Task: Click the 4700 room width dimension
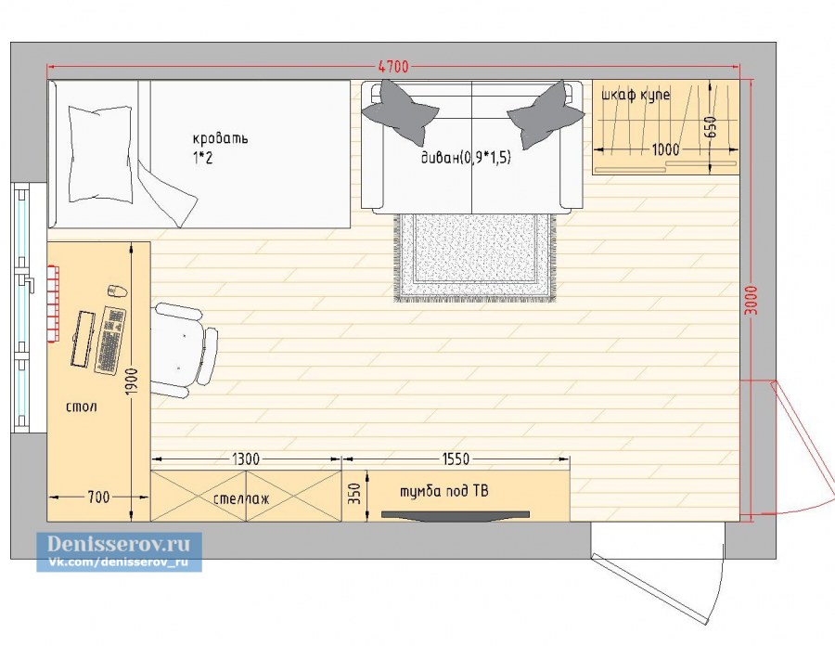(393, 67)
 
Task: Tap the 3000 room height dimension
(751, 301)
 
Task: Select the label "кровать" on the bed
(220, 138)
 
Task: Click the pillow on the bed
(100, 153)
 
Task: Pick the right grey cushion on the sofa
(546, 114)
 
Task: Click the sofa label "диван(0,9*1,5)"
(466, 157)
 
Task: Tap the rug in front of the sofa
(474, 258)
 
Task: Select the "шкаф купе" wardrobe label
(636, 96)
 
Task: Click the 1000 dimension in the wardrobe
(665, 149)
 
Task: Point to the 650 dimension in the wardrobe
(712, 127)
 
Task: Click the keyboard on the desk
(110, 340)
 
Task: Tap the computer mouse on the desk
(118, 291)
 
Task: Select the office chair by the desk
(185, 350)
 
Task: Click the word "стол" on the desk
(82, 407)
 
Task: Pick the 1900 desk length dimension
(132, 381)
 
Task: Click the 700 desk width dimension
(98, 497)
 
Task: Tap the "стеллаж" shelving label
(241, 498)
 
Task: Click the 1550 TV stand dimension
(456, 459)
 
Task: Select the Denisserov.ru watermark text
(118, 544)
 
